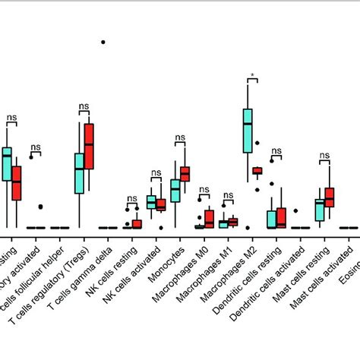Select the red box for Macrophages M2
[x=257, y=171]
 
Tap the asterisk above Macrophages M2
[x=251, y=76]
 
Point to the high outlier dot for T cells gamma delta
[x=103, y=42]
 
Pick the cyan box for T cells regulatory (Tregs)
[x=79, y=173]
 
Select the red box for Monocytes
[x=185, y=174]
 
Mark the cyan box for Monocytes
[x=175, y=190]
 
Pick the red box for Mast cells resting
[x=329, y=197]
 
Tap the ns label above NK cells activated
[x=156, y=172]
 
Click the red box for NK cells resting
[x=137, y=223]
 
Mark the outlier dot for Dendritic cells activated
[x=296, y=210]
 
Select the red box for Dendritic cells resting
[x=281, y=217]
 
